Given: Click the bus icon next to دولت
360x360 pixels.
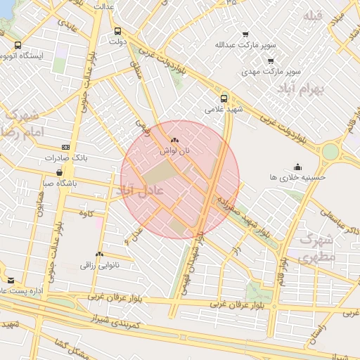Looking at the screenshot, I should (x=117, y=31).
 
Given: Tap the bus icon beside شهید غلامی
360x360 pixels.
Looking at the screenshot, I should (x=224, y=98).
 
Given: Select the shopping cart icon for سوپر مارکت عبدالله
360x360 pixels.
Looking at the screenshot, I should (x=245, y=34).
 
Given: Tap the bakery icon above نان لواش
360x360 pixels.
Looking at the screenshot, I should (x=174, y=141).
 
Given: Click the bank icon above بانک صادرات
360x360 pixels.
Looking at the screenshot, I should (x=65, y=147).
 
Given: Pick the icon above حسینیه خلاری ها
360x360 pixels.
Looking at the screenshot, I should (x=298, y=167).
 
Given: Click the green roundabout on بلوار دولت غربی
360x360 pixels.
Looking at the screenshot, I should (x=330, y=151).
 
